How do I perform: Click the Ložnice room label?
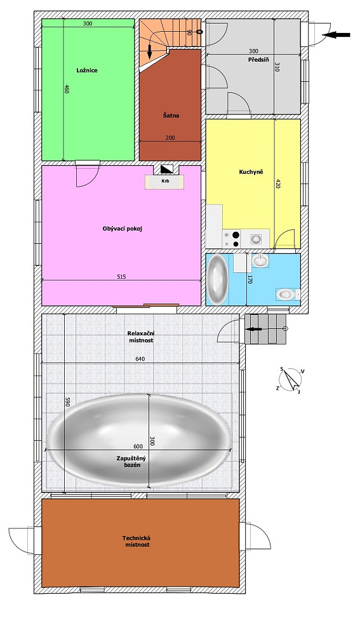[x=87, y=70]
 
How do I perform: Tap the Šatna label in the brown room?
[x=171, y=116]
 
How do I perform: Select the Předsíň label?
[x=257, y=60]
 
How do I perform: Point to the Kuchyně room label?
[x=251, y=172]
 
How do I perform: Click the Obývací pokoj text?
[x=123, y=229]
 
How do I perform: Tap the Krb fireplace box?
[x=165, y=182]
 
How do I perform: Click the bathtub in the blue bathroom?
[x=217, y=279]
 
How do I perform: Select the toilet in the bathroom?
[x=288, y=295]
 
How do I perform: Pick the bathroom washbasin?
[x=260, y=260]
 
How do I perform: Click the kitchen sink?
[x=255, y=239]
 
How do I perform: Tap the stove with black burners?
[x=231, y=239]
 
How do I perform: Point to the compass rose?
[x=291, y=380]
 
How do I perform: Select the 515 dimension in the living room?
[x=121, y=277]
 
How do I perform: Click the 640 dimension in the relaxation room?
[x=140, y=359]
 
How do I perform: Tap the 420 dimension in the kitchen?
[x=278, y=184]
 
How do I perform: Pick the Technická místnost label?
[x=137, y=542]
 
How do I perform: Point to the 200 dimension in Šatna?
[x=170, y=138]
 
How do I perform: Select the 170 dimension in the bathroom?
[x=250, y=279]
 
